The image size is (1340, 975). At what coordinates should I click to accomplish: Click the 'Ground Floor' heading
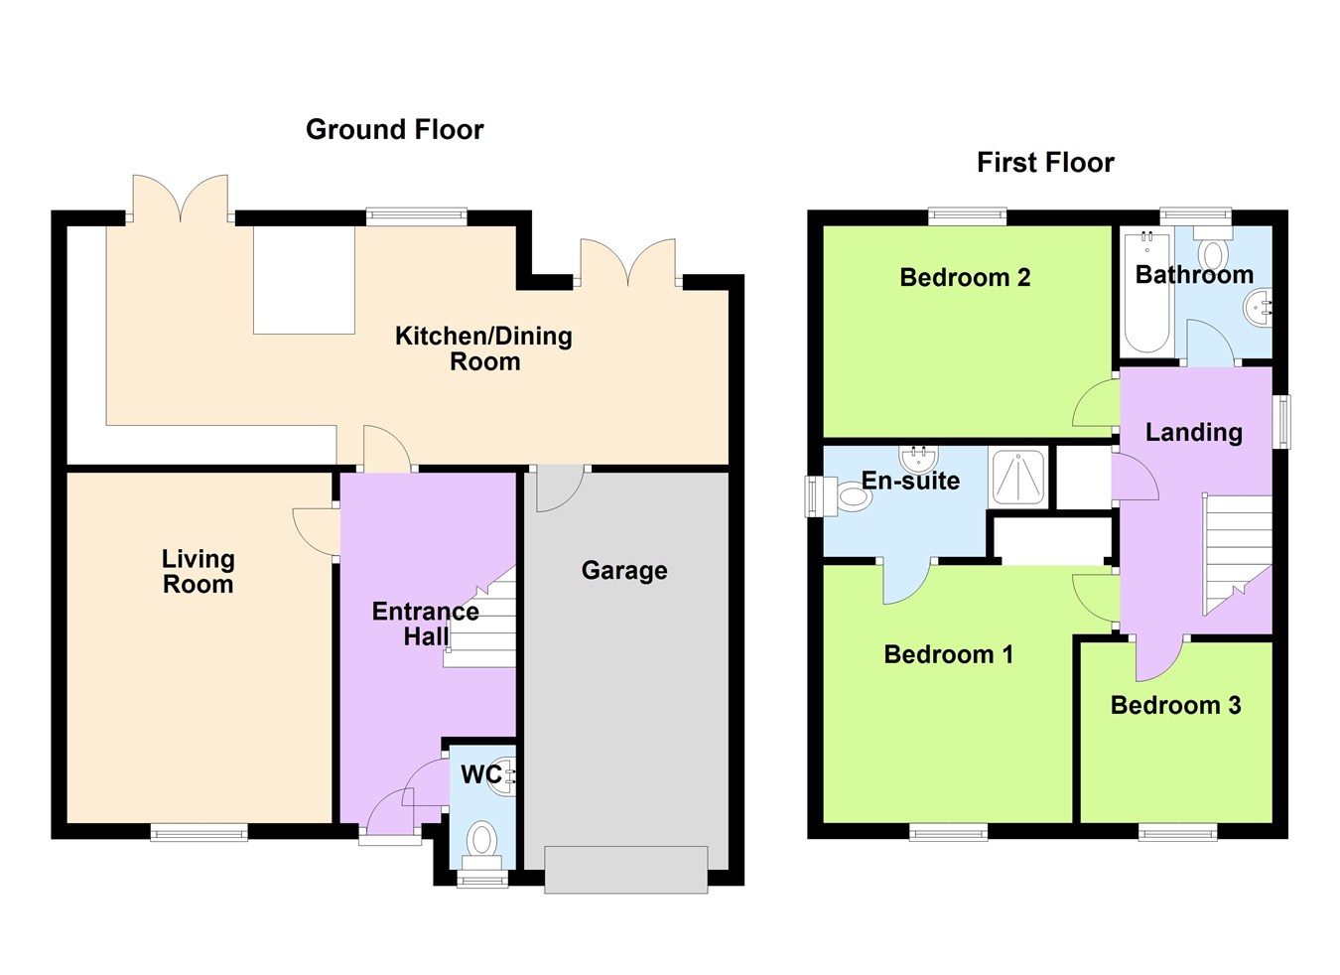(x=394, y=130)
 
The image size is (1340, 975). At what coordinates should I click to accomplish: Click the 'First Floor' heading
(x=1044, y=163)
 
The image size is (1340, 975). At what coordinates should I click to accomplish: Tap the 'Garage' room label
(x=623, y=571)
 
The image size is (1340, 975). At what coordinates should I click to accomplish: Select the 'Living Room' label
(x=199, y=572)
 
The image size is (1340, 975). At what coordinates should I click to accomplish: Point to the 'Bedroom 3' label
(x=1175, y=706)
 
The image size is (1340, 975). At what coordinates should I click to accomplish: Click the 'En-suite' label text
(x=910, y=482)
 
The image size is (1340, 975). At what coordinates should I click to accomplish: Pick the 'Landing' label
(x=1193, y=433)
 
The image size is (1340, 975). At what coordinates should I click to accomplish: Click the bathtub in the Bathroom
(x=1146, y=293)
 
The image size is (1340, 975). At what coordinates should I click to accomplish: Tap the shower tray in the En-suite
(x=1017, y=478)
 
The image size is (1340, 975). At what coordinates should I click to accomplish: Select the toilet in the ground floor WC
(x=481, y=840)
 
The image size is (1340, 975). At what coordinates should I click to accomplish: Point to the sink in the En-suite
(x=919, y=458)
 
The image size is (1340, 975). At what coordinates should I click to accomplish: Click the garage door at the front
(x=625, y=870)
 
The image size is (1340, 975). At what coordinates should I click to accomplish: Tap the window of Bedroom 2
(x=967, y=215)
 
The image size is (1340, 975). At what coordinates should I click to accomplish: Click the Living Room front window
(x=199, y=832)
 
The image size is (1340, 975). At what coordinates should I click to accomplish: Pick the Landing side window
(x=1282, y=422)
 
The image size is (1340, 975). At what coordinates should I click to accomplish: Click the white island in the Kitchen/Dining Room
(x=304, y=280)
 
